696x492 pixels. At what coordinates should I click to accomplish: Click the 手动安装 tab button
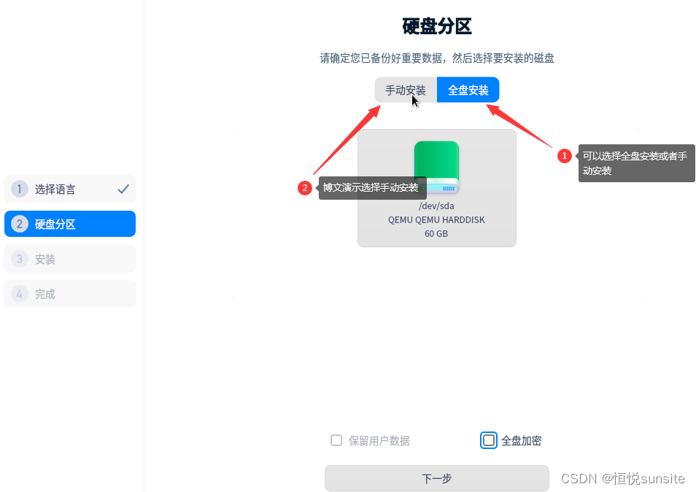coord(406,90)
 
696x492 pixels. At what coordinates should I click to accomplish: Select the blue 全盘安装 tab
coord(468,90)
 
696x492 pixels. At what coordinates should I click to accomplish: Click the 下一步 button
coord(436,478)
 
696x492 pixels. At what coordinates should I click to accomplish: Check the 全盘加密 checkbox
coord(489,440)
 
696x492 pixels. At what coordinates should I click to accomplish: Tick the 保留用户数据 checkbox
coord(336,440)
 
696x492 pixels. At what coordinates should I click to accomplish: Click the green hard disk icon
coord(436,167)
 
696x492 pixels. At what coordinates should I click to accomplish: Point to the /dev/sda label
coord(436,206)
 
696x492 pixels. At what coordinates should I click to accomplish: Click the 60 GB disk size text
coord(436,234)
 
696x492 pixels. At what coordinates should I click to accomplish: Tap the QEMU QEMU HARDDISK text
coord(436,219)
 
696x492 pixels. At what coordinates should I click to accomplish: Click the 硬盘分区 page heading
coord(437,27)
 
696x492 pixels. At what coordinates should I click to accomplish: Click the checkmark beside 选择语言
coord(123,190)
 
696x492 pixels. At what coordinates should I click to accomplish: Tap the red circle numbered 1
coord(564,156)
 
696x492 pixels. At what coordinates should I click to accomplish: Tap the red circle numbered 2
coord(305,188)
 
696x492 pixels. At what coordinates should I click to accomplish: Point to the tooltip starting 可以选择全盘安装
coord(636,163)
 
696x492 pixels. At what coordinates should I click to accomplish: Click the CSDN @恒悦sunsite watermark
coord(622,478)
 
